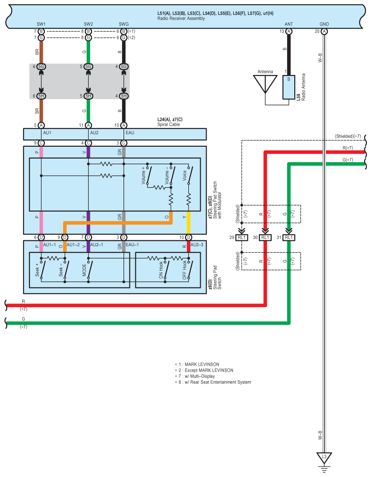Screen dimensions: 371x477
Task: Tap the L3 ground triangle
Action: pyautogui.click(x=324, y=458)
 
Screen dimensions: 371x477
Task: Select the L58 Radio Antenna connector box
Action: pyautogui.click(x=289, y=87)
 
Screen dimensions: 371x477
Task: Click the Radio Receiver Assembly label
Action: pyautogui.click(x=181, y=19)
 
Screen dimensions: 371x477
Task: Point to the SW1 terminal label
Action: pyautogui.click(x=41, y=24)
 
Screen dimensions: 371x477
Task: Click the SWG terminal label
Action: pyautogui.click(x=124, y=24)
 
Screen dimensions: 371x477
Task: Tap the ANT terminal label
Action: pyautogui.click(x=289, y=24)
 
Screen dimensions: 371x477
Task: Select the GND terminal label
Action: pyautogui.click(x=324, y=24)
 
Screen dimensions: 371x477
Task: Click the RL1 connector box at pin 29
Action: pyautogui.click(x=242, y=237)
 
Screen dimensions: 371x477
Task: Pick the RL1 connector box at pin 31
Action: pyautogui.click(x=289, y=237)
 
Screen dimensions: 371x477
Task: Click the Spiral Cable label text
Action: pyautogui.click(x=168, y=124)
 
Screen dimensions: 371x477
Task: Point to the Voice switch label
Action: pyautogui.click(x=184, y=175)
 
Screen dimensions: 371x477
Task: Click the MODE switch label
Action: pyautogui.click(x=84, y=270)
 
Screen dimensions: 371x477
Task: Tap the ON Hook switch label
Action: pyautogui.click(x=161, y=270)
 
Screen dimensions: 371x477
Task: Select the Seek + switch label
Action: pyautogui.click(x=37, y=270)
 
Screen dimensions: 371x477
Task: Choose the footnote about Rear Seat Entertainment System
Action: pyautogui.click(x=213, y=382)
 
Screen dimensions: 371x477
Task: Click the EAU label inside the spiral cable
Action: pyautogui.click(x=130, y=133)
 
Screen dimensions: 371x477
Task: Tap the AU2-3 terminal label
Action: pyautogui.click(x=197, y=244)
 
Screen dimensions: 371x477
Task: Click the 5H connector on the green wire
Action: pyautogui.click(x=88, y=96)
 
